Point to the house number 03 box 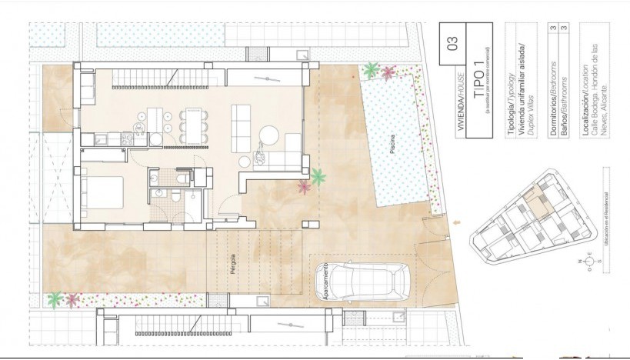pos(452,42)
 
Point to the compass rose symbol pos(589,261)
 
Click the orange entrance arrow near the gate pos(459,223)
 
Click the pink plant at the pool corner pos(388,73)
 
